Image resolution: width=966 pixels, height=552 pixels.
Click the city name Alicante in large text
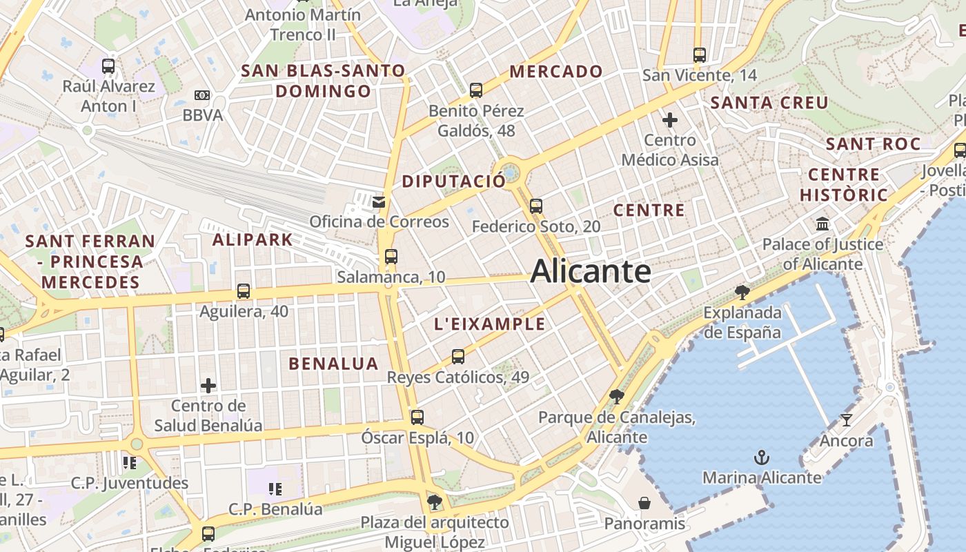coord(591,271)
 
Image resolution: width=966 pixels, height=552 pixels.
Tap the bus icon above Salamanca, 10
coord(391,257)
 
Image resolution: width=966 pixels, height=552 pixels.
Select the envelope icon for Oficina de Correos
coord(379,201)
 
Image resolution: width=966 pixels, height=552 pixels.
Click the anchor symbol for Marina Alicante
coord(762,457)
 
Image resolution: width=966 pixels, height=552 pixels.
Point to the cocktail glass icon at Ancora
coord(847,420)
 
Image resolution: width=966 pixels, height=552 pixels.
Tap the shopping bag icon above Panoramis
coord(644,503)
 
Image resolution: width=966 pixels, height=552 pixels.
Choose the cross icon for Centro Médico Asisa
coord(669,120)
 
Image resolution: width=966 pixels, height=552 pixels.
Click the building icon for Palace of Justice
coord(822,224)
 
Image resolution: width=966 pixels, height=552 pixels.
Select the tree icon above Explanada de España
coord(742,293)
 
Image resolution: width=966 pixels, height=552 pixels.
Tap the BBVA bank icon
coord(202,95)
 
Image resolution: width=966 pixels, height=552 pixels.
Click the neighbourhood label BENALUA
coord(334,364)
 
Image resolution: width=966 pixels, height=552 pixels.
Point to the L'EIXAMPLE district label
coord(489,324)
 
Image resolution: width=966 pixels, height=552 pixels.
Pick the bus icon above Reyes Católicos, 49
coord(458,357)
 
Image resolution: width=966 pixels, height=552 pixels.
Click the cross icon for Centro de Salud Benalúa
coord(208,385)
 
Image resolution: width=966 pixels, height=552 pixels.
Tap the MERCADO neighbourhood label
coord(556,71)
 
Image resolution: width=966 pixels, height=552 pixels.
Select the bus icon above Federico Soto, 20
coord(536,206)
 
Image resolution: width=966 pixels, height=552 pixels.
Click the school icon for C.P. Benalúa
coord(275,489)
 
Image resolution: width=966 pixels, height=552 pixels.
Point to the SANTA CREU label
coord(769,103)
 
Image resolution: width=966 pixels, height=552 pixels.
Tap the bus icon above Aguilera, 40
coord(244,291)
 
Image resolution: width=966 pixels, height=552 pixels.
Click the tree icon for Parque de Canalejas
coord(617,397)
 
